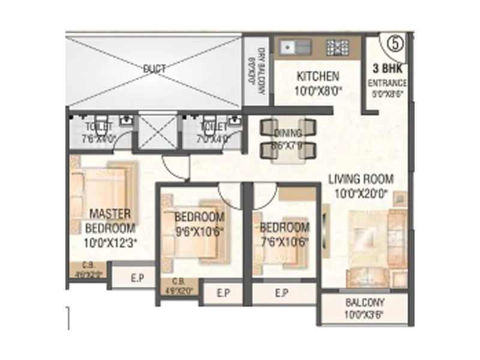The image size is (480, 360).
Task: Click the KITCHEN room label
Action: [x=318, y=76]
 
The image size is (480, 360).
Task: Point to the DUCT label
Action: [x=154, y=68]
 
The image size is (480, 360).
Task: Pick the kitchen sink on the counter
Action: [x=293, y=46]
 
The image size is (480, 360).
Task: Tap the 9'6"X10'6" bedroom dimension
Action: [x=199, y=230]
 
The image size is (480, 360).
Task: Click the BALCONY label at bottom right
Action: [x=365, y=303]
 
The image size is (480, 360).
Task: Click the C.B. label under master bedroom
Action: [x=88, y=267]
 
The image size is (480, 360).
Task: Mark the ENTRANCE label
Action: [x=387, y=83]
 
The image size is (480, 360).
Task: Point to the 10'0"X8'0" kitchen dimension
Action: [x=318, y=91]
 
